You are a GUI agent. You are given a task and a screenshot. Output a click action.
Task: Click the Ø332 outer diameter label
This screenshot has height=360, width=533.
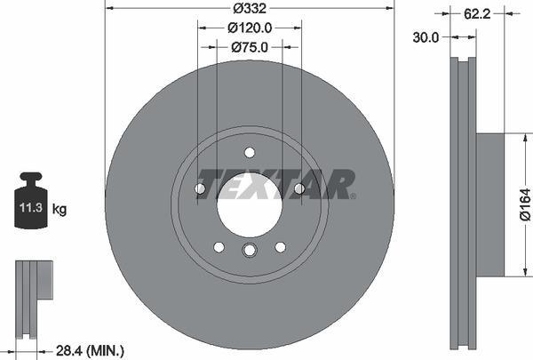pyautogui.click(x=249, y=9)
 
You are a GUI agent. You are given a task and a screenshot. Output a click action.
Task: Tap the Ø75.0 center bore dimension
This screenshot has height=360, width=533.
pyautogui.click(x=249, y=47)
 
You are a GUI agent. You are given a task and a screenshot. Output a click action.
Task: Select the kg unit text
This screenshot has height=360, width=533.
pyautogui.click(x=60, y=210)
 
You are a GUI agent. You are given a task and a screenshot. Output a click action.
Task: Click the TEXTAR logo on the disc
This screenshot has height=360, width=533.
pyautogui.click(x=275, y=184)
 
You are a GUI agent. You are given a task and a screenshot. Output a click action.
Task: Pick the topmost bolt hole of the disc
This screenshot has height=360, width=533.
pyautogui.click(x=250, y=151)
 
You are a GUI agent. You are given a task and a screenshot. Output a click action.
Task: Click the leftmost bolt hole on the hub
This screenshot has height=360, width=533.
pyautogui.click(x=200, y=188)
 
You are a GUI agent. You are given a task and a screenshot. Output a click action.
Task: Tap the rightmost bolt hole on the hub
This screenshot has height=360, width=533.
pyautogui.click(x=299, y=188)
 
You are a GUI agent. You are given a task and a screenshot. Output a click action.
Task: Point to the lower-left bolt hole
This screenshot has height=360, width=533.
pyautogui.click(x=219, y=246)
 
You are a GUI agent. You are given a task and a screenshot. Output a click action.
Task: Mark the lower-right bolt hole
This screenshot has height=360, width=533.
pyautogui.click(x=280, y=246)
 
